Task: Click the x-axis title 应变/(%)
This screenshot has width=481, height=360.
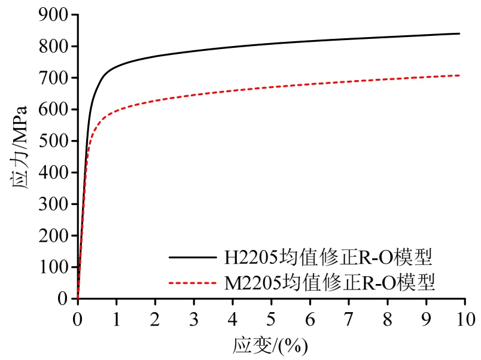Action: [x=271, y=345]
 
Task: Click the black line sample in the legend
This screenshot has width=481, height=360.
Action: [x=193, y=258]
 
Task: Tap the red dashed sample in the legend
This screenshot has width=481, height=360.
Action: [x=193, y=282]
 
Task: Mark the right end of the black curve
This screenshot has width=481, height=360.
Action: [x=459, y=33]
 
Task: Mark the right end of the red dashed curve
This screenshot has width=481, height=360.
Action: [x=459, y=75]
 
